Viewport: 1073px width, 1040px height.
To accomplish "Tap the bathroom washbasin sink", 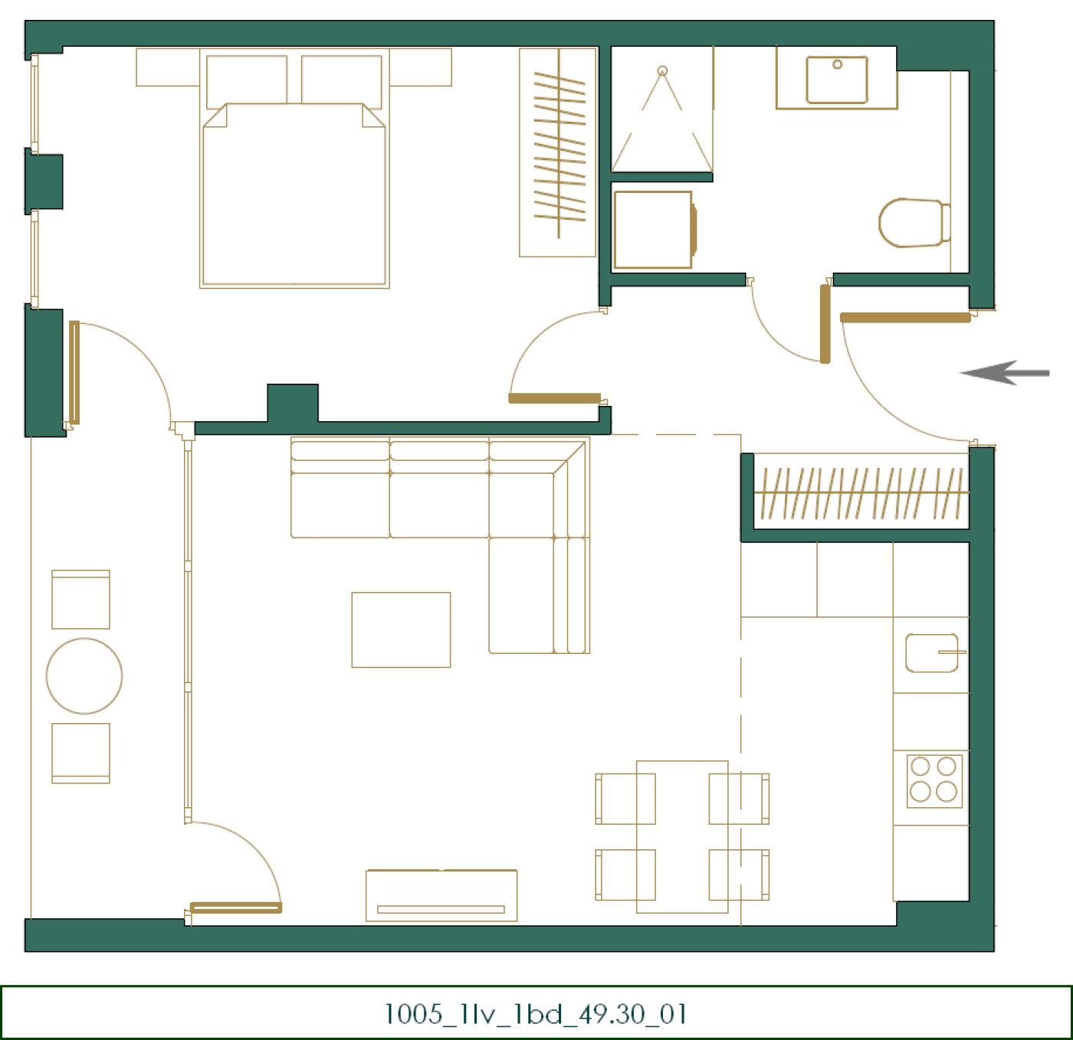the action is coord(836,80).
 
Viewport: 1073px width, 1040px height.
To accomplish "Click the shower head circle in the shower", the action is coord(662,71).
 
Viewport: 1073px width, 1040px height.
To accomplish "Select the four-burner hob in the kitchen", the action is coord(934,781).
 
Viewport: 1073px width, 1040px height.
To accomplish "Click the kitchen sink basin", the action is coord(931,652).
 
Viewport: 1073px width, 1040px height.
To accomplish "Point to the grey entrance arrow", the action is coord(1004,373).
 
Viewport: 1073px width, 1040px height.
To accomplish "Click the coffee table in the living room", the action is coord(401,630).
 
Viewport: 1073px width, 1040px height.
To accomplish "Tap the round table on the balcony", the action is coord(84,676).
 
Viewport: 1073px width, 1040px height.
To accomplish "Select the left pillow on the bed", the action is coord(247,81).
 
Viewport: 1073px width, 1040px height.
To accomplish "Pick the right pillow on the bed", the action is coord(341,81).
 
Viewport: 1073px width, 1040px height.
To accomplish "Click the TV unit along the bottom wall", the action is coord(441,895).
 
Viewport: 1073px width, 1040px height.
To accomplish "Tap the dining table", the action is coord(682,837).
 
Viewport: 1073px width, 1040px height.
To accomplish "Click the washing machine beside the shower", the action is coord(654,230).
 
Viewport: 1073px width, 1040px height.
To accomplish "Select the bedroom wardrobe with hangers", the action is coord(557,152).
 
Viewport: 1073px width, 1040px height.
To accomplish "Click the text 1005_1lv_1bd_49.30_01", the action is coord(536,1013).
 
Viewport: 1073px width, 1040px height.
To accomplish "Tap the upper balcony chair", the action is coord(80,600).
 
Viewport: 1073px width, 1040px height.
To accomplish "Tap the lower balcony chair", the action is coord(80,753).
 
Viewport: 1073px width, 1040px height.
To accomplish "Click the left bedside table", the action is coord(168,67).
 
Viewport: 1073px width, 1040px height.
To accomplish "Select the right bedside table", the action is coord(421,67).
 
